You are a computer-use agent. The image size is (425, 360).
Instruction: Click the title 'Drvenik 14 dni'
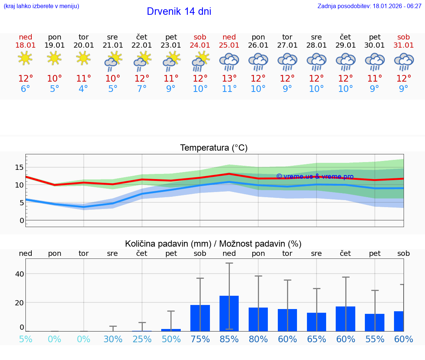point(179,11)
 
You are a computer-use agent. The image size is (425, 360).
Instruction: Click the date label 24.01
point(200,45)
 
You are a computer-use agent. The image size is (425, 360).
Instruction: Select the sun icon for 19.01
point(54,58)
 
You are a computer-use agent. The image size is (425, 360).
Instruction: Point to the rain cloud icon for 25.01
point(229,62)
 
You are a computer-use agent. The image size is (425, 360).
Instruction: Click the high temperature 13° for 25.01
point(229,79)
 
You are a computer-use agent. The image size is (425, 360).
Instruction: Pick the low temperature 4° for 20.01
point(84,89)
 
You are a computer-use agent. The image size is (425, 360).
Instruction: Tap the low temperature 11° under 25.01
point(229,89)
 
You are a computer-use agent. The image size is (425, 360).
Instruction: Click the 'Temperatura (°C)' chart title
point(214,148)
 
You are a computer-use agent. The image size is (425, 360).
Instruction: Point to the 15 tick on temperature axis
point(19,168)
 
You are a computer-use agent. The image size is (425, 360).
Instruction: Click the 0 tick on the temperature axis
point(22,220)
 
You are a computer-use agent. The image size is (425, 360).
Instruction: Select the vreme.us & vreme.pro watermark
point(315,176)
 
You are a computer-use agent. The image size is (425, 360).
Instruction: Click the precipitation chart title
point(213,244)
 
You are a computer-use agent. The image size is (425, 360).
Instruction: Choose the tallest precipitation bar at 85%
point(229,313)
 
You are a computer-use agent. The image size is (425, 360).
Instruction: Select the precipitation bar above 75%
point(200,318)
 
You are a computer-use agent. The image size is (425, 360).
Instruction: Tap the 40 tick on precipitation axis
point(19,274)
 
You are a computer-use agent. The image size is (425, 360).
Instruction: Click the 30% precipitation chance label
point(113,339)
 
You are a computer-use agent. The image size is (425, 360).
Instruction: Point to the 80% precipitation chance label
point(258,339)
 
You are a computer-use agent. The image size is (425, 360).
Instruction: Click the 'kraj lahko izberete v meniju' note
point(41,6)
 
